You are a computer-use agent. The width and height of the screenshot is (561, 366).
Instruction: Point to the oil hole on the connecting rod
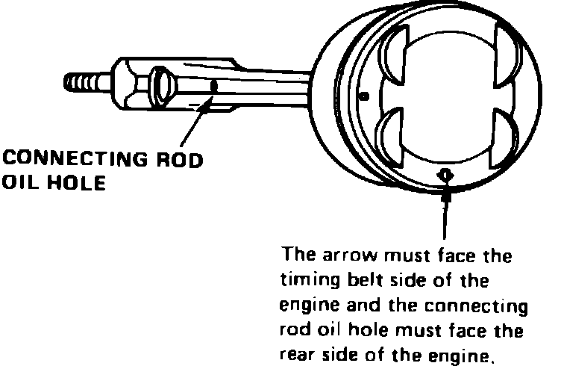(214, 87)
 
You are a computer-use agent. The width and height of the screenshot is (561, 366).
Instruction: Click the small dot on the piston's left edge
(363, 95)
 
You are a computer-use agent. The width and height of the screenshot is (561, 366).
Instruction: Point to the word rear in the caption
(297, 352)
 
